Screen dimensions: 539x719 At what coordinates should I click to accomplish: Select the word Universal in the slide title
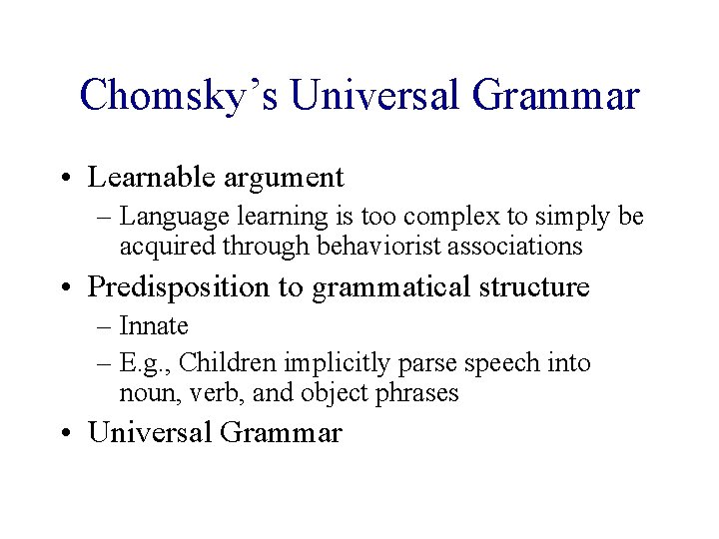click(x=375, y=97)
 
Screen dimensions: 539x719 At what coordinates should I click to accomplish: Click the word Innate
click(x=154, y=326)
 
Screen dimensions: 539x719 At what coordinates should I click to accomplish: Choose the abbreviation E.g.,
click(x=146, y=363)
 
